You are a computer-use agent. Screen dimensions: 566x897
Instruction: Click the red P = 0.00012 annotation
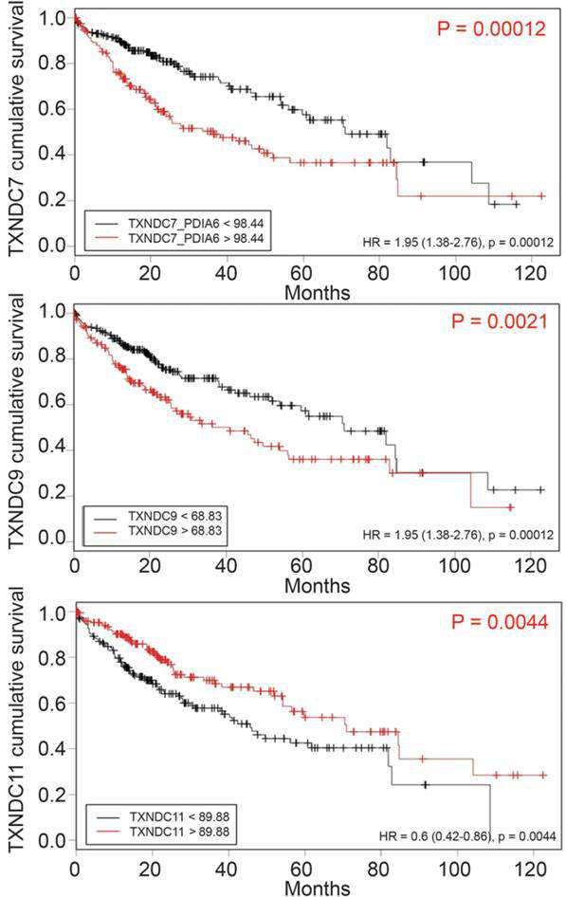point(491,28)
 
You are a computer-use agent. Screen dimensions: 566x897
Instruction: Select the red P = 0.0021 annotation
point(499,321)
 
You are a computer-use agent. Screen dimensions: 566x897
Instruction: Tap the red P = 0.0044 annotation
point(499,622)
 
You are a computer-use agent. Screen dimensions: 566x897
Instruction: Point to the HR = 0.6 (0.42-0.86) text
point(435,837)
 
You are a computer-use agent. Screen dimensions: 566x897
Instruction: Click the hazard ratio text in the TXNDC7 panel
point(458,243)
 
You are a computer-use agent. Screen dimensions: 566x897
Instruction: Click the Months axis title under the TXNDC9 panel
point(317,585)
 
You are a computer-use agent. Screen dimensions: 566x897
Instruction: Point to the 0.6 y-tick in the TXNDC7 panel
point(51,109)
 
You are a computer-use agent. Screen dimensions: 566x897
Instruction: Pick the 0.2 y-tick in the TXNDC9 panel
point(51,496)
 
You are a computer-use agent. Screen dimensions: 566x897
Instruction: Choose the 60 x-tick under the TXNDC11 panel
point(302,869)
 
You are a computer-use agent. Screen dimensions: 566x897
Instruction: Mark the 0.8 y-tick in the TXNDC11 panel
point(51,657)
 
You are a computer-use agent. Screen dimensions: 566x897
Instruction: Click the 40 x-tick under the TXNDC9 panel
point(227,566)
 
